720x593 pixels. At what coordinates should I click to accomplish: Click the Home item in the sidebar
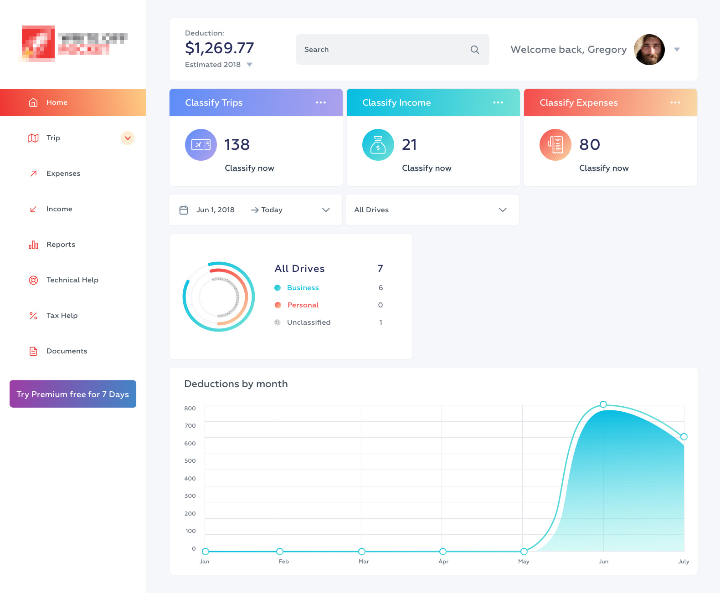tap(57, 102)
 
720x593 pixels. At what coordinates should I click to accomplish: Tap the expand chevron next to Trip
tap(128, 138)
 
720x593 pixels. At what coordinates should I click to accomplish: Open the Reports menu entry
tap(60, 245)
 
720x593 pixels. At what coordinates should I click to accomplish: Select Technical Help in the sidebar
tap(72, 280)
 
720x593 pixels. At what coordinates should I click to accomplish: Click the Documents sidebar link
tap(67, 351)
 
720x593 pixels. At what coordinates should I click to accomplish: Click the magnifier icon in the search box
tap(474, 50)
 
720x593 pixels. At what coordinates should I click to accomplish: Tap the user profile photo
tap(649, 50)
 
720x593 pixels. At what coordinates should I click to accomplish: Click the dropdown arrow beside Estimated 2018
tap(249, 65)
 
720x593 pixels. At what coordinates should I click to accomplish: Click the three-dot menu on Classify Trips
tap(321, 102)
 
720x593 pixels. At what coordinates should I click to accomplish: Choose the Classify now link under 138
tap(249, 168)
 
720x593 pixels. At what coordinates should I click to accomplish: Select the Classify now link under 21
tap(427, 168)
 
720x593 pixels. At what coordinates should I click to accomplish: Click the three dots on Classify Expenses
tap(675, 102)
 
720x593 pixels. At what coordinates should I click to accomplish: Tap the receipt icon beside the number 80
tap(555, 145)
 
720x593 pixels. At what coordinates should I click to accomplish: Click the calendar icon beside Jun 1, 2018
tap(184, 210)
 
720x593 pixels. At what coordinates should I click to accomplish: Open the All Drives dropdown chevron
tap(503, 210)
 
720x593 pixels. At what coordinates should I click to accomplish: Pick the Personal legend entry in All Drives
tap(303, 305)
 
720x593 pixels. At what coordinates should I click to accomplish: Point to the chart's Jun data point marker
tap(603, 404)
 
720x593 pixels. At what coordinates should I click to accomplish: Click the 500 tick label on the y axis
tap(190, 461)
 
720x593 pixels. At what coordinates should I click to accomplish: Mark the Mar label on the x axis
tap(364, 562)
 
